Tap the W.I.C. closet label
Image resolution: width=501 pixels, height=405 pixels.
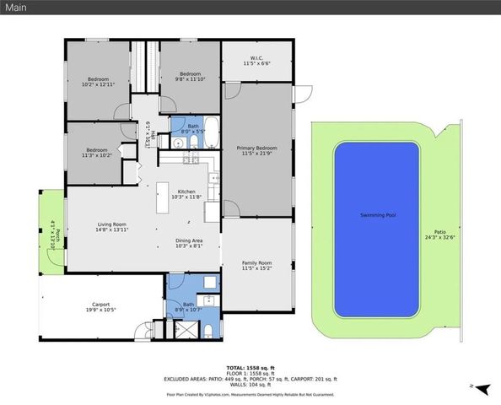point(257,61)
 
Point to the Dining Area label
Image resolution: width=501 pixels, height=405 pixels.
point(188,244)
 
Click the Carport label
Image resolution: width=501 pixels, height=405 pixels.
point(101,307)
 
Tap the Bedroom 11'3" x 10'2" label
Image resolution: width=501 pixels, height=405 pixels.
point(95,153)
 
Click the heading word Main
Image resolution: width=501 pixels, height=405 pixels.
point(19,8)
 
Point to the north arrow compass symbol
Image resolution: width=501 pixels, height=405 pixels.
point(483,390)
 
